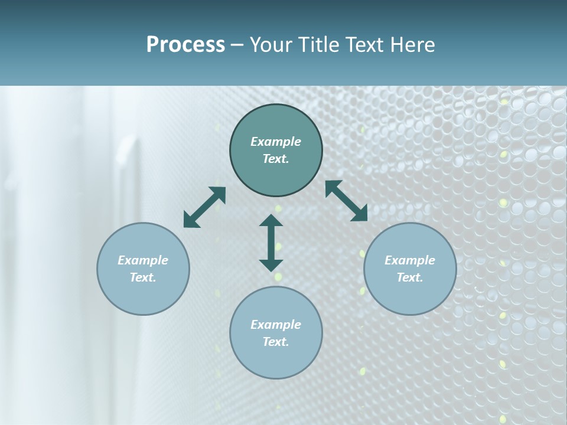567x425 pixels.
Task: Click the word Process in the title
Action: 185,45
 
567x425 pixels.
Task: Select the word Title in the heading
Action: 321,45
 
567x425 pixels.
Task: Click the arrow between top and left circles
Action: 204,207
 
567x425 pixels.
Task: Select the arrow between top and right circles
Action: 346,201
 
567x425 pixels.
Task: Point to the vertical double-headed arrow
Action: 271,243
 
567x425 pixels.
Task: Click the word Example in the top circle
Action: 276,142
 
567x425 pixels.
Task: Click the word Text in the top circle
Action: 276,159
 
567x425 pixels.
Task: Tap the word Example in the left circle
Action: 143,260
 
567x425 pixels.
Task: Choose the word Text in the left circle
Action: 143,277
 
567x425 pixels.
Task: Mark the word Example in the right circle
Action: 410,260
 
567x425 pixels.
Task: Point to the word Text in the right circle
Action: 410,277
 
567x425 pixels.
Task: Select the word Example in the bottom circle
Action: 276,325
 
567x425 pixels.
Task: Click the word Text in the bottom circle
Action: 276,342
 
